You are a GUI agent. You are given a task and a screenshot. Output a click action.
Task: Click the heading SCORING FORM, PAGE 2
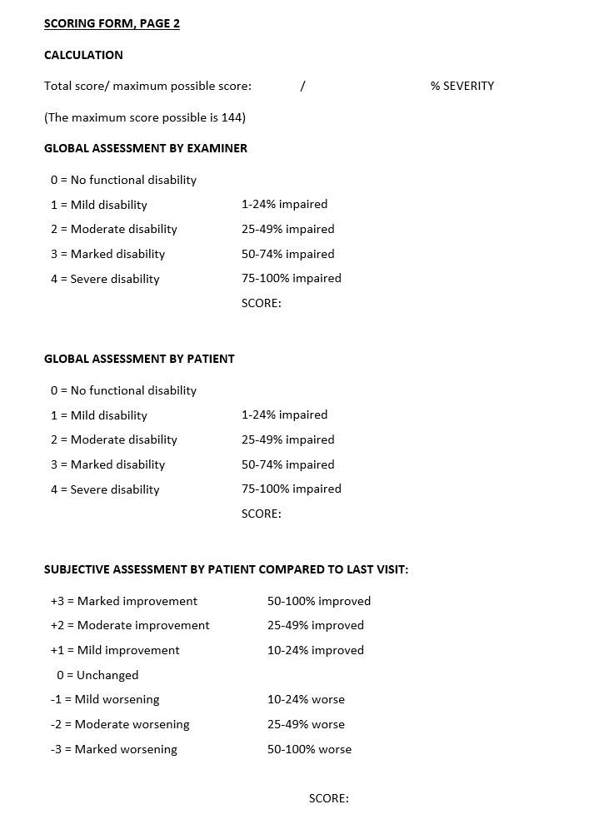point(112,23)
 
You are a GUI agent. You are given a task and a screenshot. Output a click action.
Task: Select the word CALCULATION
point(83,55)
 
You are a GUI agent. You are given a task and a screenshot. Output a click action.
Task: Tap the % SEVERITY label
point(462,86)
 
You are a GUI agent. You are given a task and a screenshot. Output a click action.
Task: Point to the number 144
point(232,117)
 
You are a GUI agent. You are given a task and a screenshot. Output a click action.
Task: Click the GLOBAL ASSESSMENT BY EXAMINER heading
point(146,148)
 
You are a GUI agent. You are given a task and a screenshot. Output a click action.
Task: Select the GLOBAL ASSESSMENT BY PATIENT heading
point(139,359)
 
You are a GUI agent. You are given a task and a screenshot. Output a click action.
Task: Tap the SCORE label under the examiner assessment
point(261,303)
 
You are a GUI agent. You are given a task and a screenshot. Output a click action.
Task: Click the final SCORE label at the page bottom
point(328,798)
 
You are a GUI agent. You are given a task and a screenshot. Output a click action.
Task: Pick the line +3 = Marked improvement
point(123,601)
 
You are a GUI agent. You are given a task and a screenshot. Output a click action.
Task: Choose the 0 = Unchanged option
point(97,675)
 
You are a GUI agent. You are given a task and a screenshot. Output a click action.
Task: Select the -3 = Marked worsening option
point(113,749)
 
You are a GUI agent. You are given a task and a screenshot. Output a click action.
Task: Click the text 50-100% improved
point(319,601)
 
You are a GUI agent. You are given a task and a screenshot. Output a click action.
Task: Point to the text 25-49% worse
point(306,724)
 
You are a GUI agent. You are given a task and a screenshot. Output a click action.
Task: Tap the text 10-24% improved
point(316,650)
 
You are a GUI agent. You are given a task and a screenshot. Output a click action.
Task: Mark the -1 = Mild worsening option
point(105,699)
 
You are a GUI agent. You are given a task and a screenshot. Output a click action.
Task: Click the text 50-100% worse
point(309,749)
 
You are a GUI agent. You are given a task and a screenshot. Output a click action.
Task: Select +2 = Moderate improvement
point(130,625)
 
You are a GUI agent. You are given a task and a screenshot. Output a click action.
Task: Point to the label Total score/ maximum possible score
point(147,86)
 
